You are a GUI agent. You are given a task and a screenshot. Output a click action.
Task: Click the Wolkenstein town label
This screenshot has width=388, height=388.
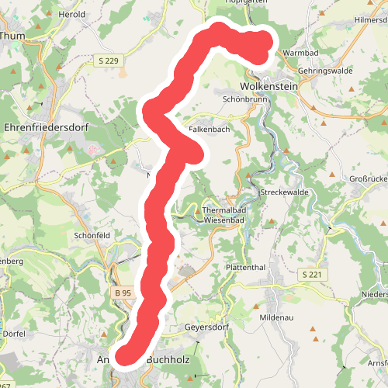click(x=269, y=86)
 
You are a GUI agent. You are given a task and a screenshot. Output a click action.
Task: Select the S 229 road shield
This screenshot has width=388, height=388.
click(x=110, y=60)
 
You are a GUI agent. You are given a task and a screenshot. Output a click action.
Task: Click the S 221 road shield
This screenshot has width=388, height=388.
click(x=311, y=275)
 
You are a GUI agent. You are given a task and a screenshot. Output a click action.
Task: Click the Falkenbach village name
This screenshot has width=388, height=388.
click(x=209, y=130)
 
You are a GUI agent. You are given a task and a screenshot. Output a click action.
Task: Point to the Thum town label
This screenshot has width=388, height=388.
click(x=14, y=35)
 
